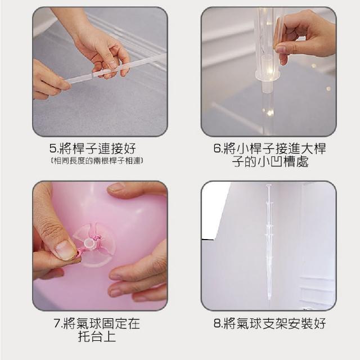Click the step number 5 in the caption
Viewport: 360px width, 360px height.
(53, 148)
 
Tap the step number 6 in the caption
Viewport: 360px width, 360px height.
(217, 148)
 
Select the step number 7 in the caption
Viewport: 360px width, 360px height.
(57, 323)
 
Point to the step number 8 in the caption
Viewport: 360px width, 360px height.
(217, 323)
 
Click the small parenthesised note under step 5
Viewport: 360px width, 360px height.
(97, 161)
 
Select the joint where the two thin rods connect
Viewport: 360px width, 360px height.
(92, 75)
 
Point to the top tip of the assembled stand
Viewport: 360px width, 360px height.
(268, 185)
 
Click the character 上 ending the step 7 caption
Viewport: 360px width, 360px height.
(110, 336)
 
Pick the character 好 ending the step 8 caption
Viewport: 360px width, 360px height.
(319, 323)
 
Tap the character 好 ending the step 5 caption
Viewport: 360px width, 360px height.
(130, 148)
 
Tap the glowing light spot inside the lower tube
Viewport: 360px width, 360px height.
(270, 112)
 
